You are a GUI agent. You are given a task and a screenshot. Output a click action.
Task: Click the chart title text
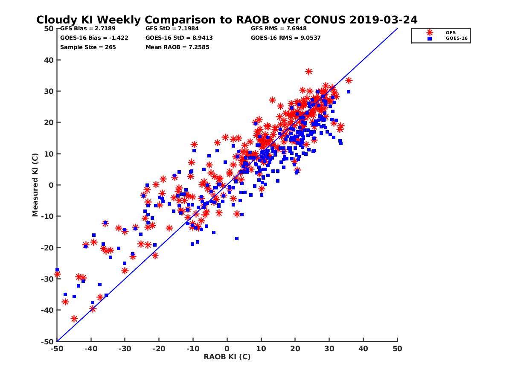tap(227, 20)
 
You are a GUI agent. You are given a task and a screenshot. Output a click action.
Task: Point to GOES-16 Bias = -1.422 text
tap(94, 38)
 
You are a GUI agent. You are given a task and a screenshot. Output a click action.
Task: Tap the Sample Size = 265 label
tap(88, 47)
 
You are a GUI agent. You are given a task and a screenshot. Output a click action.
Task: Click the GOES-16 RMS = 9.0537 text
tap(286, 38)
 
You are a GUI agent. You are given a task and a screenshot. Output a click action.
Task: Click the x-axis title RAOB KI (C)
tap(227, 357)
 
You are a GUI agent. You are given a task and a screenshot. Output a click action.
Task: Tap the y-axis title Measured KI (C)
tap(35, 185)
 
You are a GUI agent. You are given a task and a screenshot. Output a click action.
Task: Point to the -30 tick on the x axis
tap(125, 349)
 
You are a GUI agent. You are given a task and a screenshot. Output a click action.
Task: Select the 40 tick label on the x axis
tap(364, 349)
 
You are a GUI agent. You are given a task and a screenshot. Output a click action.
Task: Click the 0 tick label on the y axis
tap(51, 185)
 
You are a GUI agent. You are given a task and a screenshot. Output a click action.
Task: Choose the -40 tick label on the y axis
tap(48, 310)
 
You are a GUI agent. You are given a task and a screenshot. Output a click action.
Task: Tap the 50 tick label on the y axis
tap(49, 29)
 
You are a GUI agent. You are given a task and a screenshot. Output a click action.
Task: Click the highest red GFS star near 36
tap(309, 71)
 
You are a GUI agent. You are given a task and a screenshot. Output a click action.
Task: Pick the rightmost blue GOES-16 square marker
tap(348, 92)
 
